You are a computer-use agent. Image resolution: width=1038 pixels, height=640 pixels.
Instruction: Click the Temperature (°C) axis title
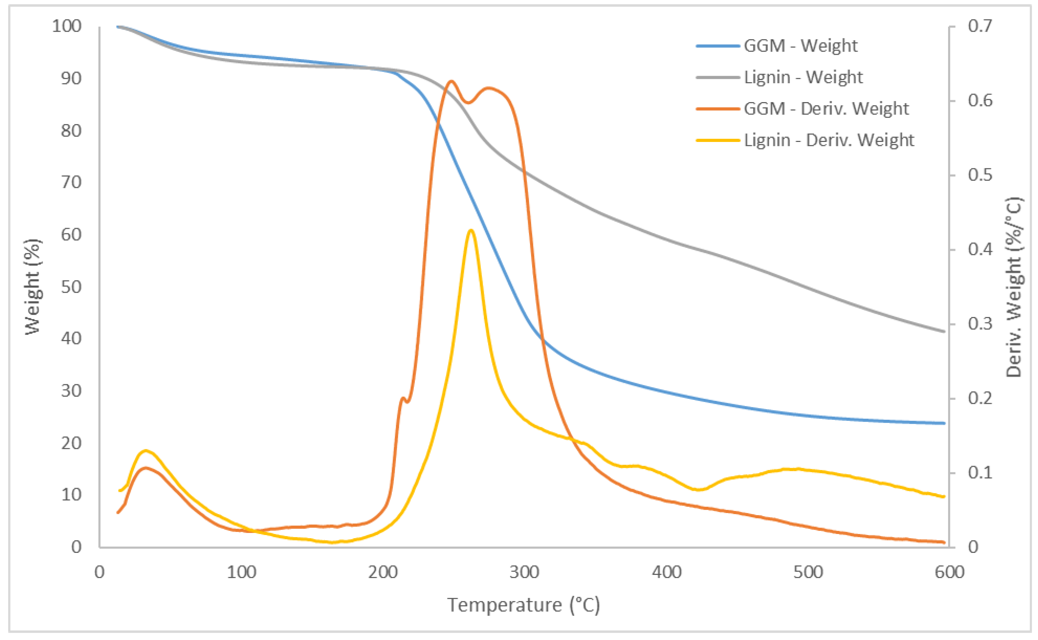tap(523, 605)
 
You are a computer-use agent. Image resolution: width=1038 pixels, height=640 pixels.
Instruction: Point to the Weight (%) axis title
tap(32, 287)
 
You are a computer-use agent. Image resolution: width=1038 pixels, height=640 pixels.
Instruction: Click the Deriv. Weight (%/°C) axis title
tap(1013, 287)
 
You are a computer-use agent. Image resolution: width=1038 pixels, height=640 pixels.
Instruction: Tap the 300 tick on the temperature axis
tap(524, 572)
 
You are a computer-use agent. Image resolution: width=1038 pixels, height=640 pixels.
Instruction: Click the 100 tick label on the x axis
tap(241, 572)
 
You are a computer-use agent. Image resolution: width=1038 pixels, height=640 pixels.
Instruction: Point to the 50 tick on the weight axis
tap(71, 287)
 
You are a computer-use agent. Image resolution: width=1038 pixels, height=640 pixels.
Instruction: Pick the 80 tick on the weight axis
tap(71, 130)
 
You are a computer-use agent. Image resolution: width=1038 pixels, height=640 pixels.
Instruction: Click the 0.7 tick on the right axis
tap(980, 26)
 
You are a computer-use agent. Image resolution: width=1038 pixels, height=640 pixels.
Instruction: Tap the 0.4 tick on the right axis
tap(980, 249)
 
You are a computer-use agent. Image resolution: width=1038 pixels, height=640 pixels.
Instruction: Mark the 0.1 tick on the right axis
tap(980, 472)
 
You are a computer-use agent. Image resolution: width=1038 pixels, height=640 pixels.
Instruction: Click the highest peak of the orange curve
tap(451, 81)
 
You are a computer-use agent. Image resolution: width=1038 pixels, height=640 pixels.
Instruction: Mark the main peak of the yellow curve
tap(470, 230)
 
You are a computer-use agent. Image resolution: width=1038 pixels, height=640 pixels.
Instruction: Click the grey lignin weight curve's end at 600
tap(944, 332)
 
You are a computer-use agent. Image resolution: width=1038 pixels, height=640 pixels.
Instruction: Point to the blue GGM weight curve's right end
tap(944, 423)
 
